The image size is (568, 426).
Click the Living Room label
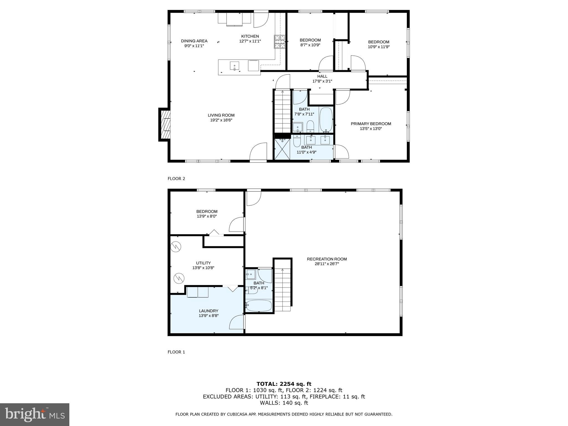tap(221, 115)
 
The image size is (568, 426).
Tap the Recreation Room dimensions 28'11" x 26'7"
tap(327, 264)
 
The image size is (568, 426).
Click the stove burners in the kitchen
tap(280, 42)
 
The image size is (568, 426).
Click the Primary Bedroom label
tap(371, 124)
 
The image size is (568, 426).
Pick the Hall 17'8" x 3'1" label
tap(322, 79)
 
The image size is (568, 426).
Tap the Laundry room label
tap(209, 311)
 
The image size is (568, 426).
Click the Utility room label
tap(203, 263)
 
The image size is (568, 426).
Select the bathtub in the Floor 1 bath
tap(259, 306)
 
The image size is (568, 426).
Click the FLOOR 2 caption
tap(176, 179)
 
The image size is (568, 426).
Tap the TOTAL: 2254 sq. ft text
tap(284, 384)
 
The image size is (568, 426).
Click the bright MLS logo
tap(35, 414)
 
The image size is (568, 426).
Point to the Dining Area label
tap(194, 41)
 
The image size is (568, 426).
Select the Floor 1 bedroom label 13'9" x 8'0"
tap(207, 214)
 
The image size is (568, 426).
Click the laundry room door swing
tap(237, 322)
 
